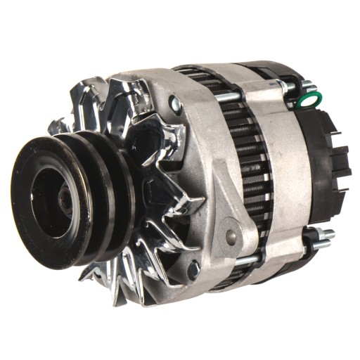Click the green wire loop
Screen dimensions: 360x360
(x=307, y=99)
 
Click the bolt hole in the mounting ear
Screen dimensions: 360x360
(x=231, y=236)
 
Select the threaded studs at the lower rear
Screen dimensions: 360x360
(x=322, y=238)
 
